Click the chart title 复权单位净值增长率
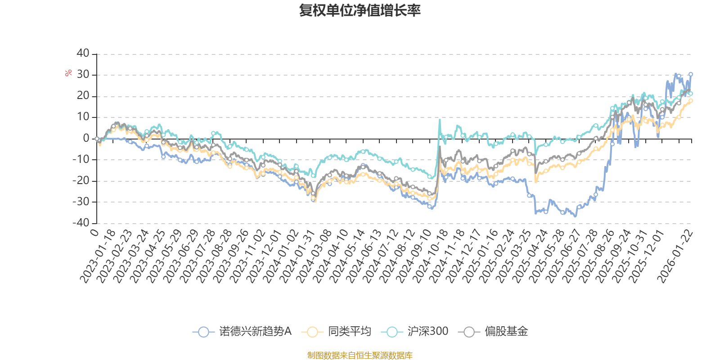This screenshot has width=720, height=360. tap(360, 10)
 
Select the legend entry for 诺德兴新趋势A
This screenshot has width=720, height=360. tap(243, 332)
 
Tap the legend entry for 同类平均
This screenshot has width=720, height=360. tap(337, 332)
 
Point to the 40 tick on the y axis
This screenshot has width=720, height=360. tap(83, 54)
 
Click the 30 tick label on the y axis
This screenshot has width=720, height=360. tap(83, 75)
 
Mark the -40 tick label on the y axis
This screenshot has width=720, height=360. tap(81, 223)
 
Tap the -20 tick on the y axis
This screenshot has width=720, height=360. tap(81, 180)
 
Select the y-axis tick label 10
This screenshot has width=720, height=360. tap(83, 117)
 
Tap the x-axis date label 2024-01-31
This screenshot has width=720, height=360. tap(297, 256)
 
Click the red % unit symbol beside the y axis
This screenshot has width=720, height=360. tap(68, 73)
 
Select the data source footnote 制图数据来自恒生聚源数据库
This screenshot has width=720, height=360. tap(360, 355)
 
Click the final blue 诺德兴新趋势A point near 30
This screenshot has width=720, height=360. tap(691, 74)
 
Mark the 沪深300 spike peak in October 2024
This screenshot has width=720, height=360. tap(440, 120)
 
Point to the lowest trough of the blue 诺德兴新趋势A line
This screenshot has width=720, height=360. tap(575, 216)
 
